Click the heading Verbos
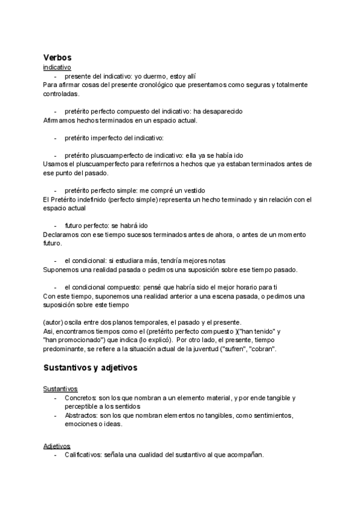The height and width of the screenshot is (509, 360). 58,57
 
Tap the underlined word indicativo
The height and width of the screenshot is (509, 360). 57,68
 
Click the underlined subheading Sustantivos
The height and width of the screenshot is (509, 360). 60,389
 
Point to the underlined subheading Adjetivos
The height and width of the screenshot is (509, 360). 57,446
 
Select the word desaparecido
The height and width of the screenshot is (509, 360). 223,112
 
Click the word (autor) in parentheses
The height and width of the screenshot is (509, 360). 53,322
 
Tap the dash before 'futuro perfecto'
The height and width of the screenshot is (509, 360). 55,226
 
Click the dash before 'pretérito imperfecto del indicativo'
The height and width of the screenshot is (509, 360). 55,138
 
